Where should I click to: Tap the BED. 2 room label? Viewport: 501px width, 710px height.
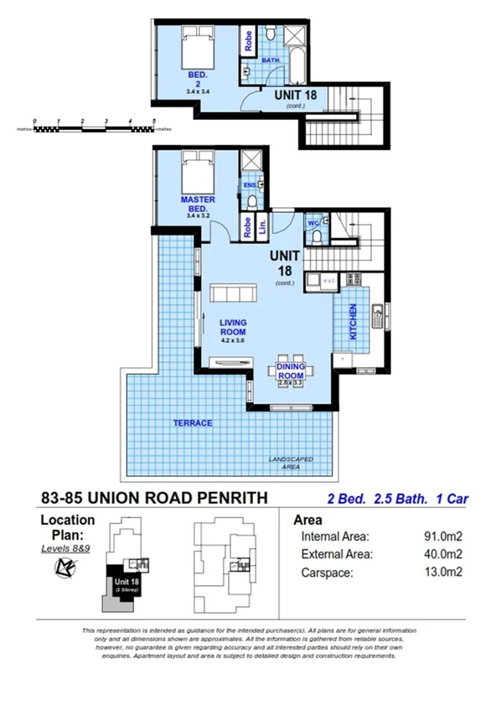pos(198,80)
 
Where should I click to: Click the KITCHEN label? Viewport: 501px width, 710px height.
pos(354,321)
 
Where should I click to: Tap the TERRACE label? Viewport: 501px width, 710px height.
pos(193,423)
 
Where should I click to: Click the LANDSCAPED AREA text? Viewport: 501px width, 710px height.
pos(291,464)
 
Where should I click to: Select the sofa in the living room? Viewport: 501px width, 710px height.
pos(234,292)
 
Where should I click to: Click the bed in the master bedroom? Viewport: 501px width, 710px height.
pos(198,174)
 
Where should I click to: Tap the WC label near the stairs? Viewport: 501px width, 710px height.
pos(311,223)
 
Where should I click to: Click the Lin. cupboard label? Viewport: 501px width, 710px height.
pos(262,225)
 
